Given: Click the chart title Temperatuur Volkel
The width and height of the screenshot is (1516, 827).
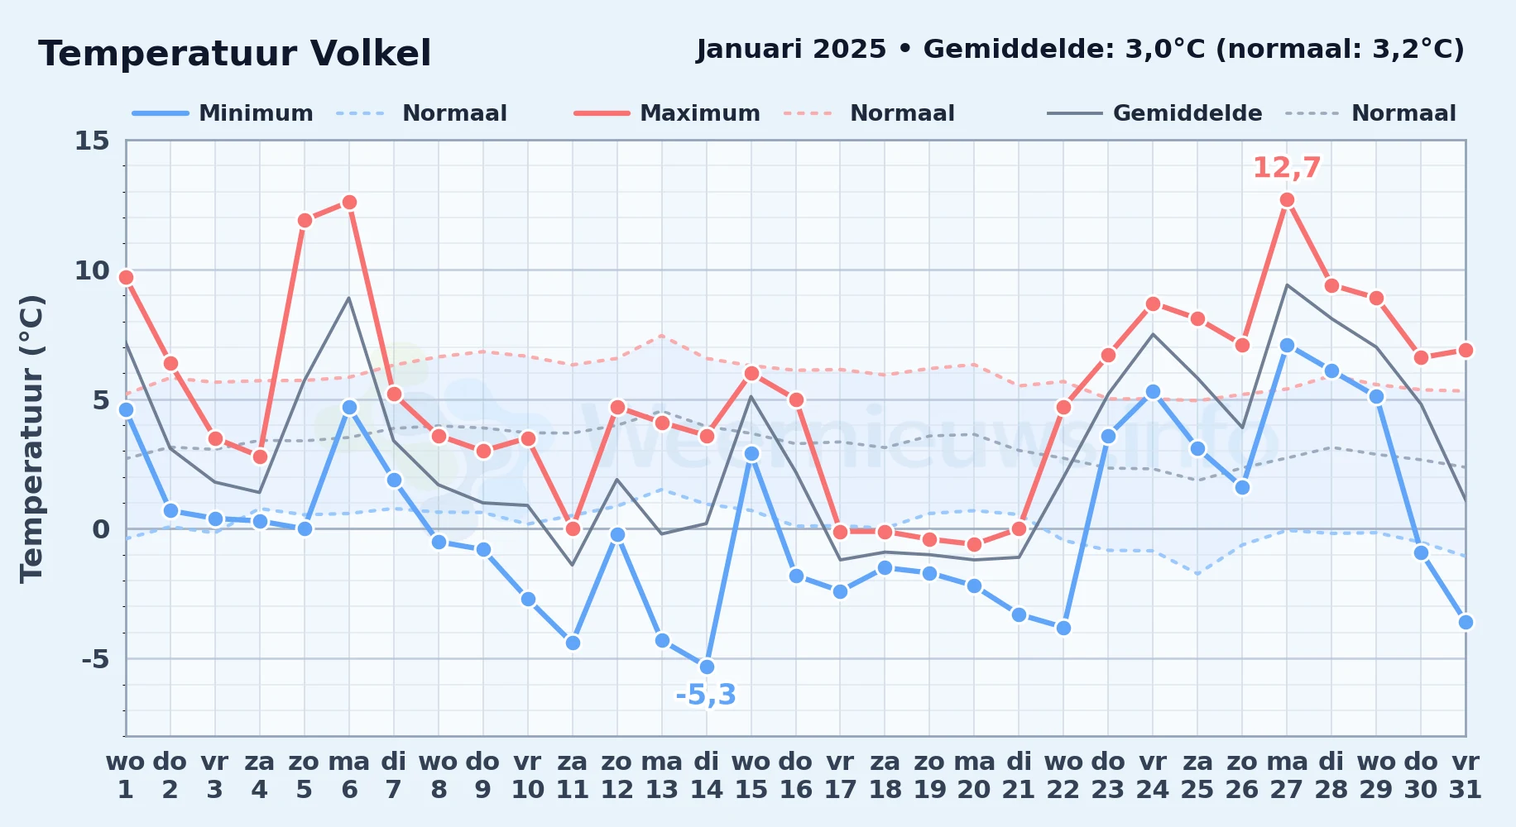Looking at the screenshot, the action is [235, 54].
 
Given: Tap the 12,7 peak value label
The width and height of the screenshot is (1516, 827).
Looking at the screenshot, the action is [1287, 168].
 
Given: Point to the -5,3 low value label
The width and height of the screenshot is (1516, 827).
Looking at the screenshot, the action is [706, 696].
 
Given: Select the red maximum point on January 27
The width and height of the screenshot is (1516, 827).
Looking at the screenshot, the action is [1287, 200].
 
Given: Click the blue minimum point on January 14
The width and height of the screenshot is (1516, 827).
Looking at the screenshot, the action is [707, 667].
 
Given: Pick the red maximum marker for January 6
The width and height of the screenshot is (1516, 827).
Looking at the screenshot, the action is [349, 203].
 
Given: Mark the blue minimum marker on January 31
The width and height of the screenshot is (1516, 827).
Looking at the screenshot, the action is [1466, 623].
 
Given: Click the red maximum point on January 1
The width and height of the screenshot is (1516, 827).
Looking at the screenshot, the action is [126, 278].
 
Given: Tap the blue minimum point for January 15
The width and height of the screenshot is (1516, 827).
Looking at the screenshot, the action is [751, 454].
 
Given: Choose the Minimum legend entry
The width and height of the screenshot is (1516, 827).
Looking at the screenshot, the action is [223, 113].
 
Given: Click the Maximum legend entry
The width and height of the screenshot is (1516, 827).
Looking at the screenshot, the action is [667, 113].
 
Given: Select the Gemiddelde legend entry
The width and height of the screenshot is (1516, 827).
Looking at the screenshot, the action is [1154, 113].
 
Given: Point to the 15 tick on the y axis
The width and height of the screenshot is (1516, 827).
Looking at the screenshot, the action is [92, 141].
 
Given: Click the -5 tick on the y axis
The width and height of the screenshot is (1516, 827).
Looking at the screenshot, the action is [95, 659].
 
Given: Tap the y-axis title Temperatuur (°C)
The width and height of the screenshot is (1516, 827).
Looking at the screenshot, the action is [31, 439].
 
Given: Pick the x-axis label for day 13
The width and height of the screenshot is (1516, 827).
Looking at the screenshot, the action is [662, 776].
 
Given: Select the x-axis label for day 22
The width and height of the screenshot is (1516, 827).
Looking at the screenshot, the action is [1063, 776].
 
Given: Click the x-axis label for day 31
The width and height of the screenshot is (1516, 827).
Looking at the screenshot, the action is [1466, 776].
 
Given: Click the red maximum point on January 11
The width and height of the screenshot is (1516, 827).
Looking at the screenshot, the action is [573, 529].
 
